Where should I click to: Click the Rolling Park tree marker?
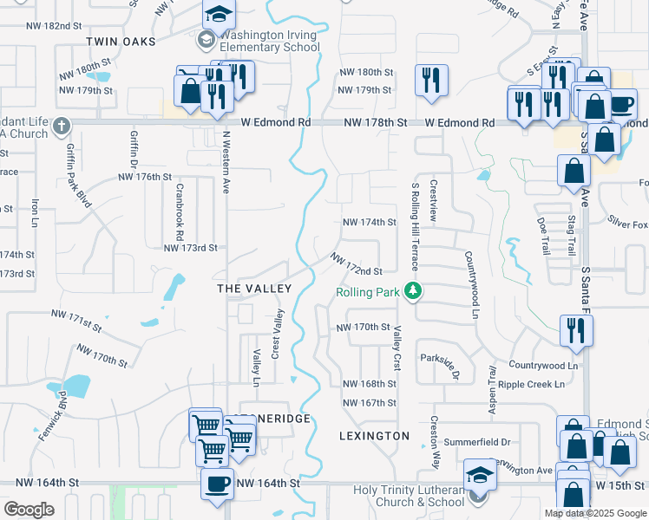pos(415,291)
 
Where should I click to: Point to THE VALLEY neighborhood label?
pos(253,287)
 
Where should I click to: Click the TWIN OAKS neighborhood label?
pos(121,42)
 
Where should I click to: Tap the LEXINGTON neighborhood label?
pos(374,435)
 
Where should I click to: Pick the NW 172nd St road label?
pos(356,265)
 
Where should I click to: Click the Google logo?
pos(29,509)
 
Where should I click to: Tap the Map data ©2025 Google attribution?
pos(595,513)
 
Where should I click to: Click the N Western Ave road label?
pos(226,163)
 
